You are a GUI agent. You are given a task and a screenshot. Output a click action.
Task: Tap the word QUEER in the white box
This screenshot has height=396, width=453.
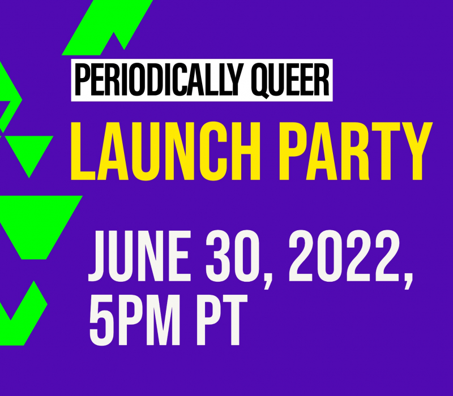290,81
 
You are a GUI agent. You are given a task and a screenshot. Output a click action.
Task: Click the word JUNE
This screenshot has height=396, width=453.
139,256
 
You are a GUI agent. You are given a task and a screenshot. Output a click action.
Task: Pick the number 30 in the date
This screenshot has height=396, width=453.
232,256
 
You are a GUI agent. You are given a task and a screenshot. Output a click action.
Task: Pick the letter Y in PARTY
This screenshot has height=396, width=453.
416,151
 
